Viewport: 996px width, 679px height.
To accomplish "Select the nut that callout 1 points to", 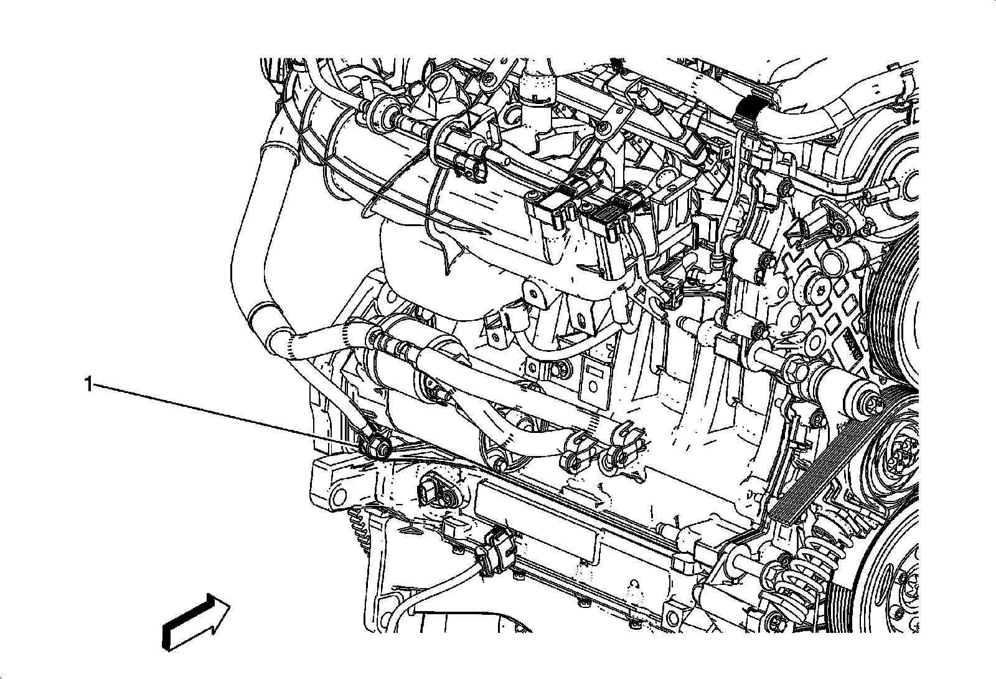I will tap(377, 446).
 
